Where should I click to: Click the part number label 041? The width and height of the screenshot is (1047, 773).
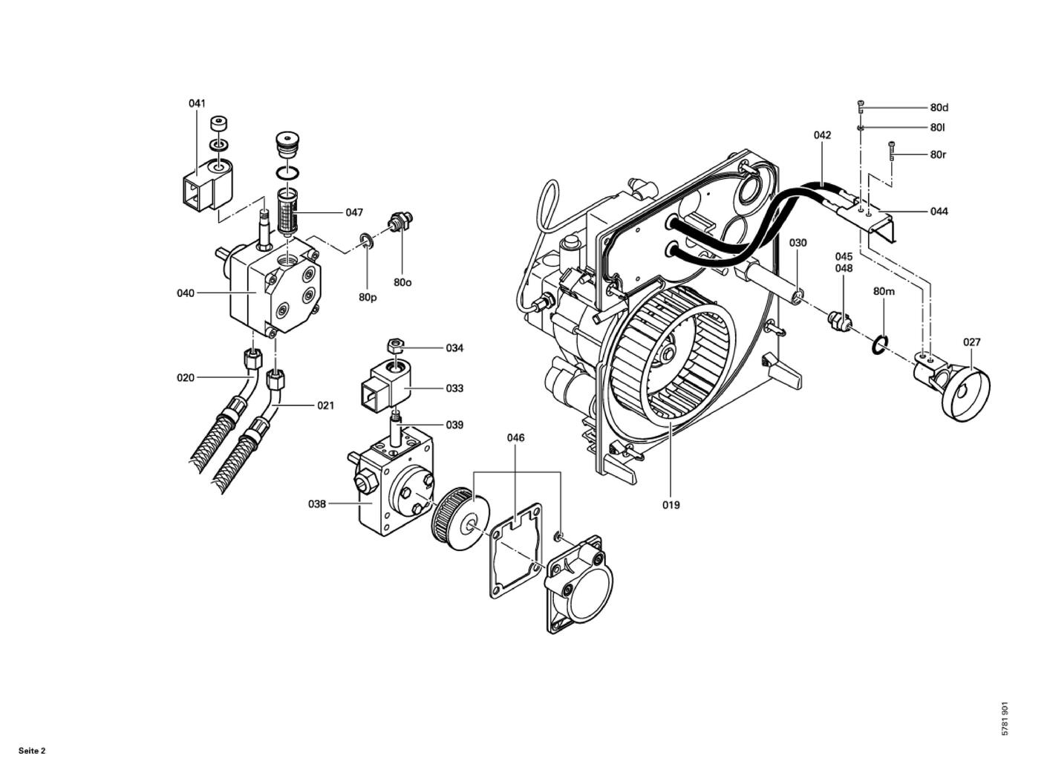pos(197,103)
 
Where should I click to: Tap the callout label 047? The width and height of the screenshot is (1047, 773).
pos(354,212)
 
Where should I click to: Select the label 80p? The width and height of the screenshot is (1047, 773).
pos(368,298)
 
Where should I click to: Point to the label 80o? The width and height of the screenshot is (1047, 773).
pos(402,282)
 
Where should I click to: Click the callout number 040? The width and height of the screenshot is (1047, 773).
pos(186,293)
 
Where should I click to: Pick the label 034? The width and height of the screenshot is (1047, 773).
pos(454,348)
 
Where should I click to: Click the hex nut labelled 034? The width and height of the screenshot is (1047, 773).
pos(394,346)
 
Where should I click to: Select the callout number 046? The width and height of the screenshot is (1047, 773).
pos(515,437)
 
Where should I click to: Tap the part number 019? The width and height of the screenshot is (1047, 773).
pos(671,505)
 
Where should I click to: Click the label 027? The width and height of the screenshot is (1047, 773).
pos(971,342)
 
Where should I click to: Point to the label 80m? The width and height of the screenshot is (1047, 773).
pos(884,291)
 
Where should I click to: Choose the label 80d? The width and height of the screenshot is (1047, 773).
pos(939,108)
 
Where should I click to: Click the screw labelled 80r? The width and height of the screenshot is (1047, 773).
pos(892,151)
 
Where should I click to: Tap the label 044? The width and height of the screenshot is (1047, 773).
pos(939,211)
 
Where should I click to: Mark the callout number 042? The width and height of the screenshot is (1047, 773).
pos(822,135)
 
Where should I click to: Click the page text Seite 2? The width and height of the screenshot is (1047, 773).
pos(32,751)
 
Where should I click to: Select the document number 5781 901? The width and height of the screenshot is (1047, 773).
pos(1005,725)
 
